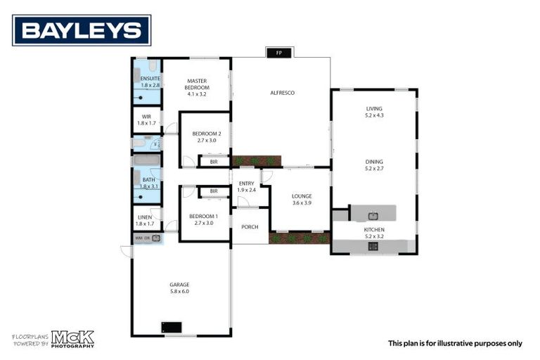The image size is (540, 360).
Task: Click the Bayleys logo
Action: [x=82, y=30]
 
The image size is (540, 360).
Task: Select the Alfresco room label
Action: [x=282, y=93]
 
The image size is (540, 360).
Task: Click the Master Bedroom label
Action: [x=197, y=84]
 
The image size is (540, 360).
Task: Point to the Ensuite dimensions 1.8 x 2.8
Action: [x=150, y=85]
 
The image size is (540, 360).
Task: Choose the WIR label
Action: [x=146, y=116]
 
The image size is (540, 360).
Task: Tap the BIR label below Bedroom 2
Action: [x=214, y=162]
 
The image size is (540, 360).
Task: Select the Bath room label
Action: [x=148, y=180]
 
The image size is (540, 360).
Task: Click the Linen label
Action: [x=146, y=217]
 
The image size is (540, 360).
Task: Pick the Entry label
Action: [x=246, y=183]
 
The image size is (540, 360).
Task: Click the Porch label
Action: [x=250, y=226]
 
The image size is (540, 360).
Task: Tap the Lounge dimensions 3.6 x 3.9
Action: [x=302, y=202]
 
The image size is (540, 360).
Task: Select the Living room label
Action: [x=374, y=108]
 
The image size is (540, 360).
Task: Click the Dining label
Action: [x=374, y=162]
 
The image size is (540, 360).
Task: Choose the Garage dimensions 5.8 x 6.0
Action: [x=179, y=290]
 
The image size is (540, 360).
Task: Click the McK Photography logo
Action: [x=72, y=339]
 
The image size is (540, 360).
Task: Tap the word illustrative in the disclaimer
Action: [x=464, y=343]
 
